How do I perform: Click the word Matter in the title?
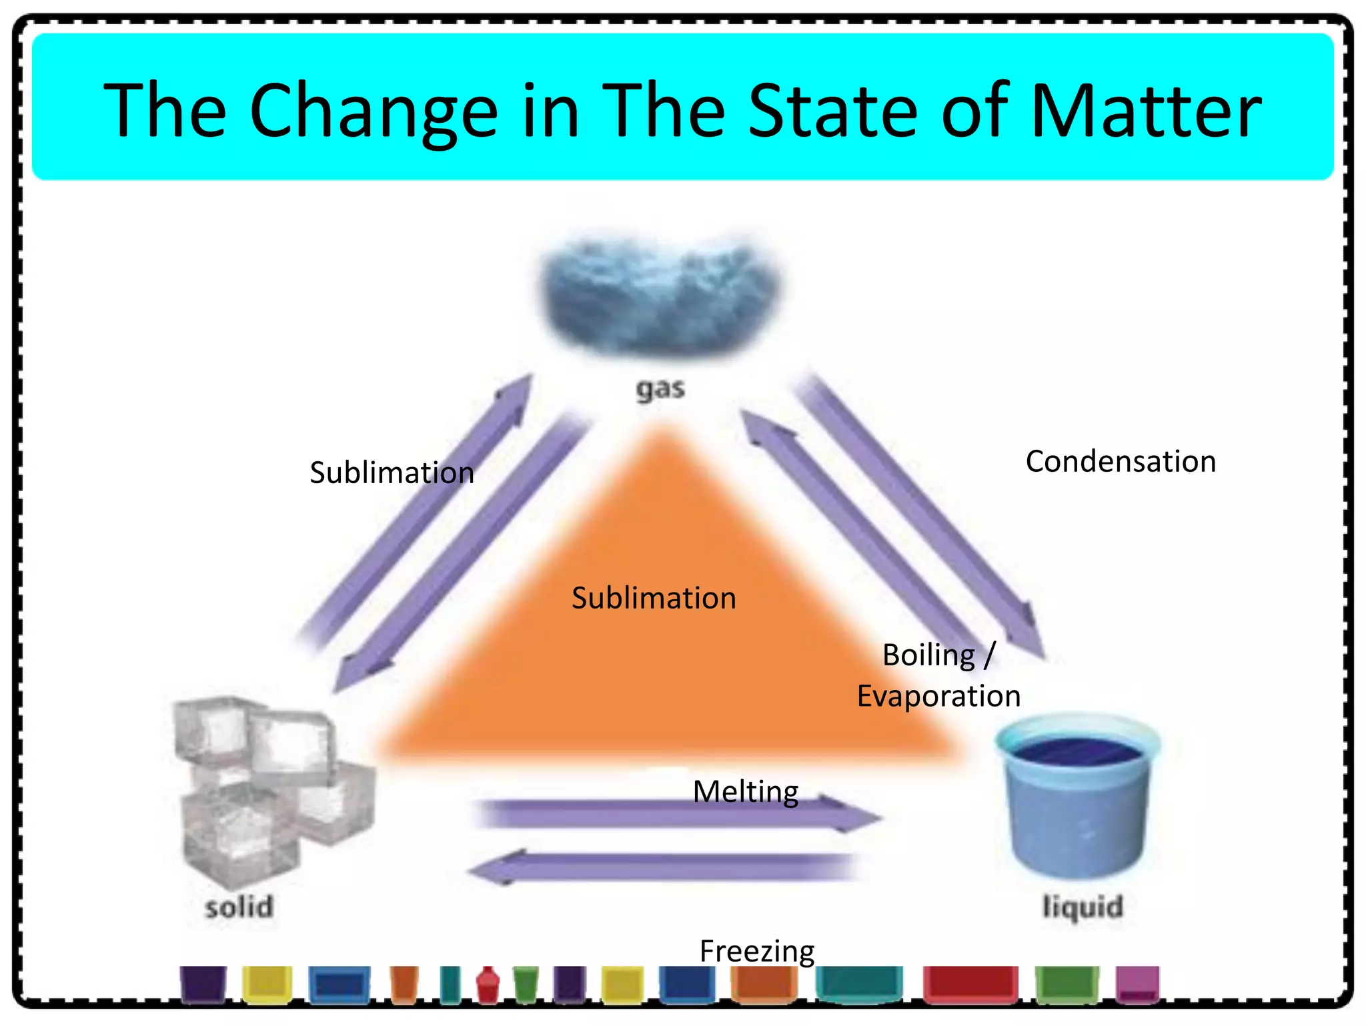pos(1145,110)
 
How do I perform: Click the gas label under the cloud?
pos(660,389)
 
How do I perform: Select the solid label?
pos(239,908)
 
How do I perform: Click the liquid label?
pos(1083,908)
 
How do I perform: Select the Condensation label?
pos(1121,462)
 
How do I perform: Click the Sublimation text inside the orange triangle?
pos(654,598)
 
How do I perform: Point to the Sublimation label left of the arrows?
pos(392,472)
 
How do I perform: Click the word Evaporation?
pos(938,697)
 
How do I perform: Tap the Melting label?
pos(746,792)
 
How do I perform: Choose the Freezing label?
pos(757,951)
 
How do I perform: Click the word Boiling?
pos(928,655)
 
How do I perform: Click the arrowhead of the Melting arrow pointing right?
pos(857,815)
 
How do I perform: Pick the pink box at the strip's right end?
pos(1137,984)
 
